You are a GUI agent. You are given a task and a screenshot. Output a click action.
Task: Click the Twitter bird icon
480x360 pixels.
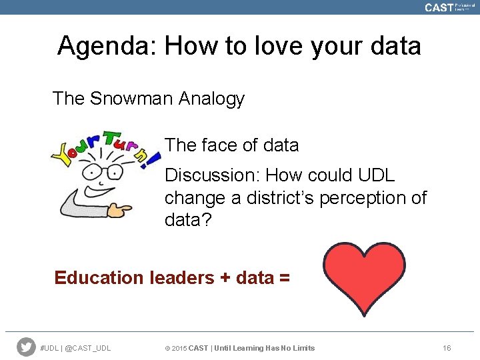(x=26, y=347)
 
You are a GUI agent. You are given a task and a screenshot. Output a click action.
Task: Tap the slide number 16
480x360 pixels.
(x=447, y=348)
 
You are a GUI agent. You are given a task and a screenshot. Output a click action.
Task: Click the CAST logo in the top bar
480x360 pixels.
(x=439, y=7)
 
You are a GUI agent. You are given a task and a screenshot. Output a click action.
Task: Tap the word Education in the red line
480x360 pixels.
(x=98, y=277)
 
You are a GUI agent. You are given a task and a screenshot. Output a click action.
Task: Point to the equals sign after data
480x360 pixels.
(x=284, y=278)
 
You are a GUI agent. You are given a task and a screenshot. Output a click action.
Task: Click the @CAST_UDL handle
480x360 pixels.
(x=89, y=348)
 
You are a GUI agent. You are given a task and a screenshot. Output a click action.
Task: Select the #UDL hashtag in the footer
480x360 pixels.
(x=50, y=348)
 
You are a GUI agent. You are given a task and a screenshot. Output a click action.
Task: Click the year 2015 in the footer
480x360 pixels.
(x=179, y=348)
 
